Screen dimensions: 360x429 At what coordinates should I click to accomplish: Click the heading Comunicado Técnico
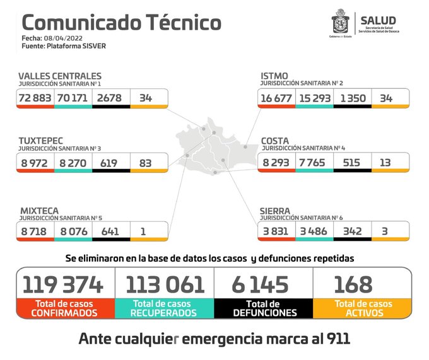pos(121,22)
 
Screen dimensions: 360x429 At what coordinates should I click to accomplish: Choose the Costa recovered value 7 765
pos(314,163)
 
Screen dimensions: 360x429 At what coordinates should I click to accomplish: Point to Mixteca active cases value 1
pos(143,231)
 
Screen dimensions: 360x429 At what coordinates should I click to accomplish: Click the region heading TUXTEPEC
pos(40,141)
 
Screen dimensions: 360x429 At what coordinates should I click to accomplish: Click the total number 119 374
pos(63,284)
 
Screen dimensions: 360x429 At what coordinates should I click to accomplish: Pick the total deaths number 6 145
pos(260,284)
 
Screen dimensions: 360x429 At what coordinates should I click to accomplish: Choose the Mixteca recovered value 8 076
pos(73,231)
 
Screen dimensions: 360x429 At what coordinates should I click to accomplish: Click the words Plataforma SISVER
pos(82,45)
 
